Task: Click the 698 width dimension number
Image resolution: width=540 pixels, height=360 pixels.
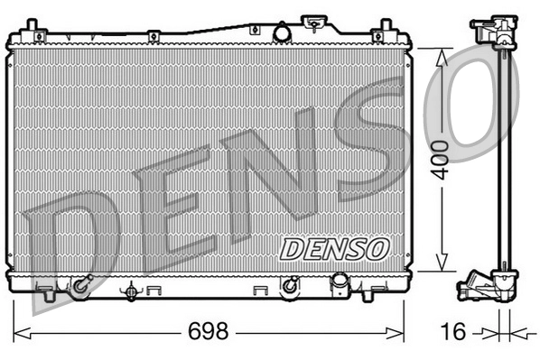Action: pyautogui.click(x=208, y=331)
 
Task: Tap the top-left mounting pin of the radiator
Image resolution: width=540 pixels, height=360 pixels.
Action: pyautogui.click(x=32, y=24)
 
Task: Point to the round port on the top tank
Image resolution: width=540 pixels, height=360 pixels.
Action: pyautogui.click(x=281, y=33)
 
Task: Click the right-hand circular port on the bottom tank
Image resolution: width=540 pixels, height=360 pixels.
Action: pyautogui.click(x=290, y=287)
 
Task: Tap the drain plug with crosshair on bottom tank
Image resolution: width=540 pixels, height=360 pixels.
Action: pyautogui.click(x=133, y=291)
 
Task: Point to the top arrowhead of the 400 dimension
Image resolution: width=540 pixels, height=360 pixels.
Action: pyautogui.click(x=441, y=53)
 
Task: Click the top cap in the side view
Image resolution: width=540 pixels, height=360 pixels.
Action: pyautogui.click(x=491, y=26)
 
